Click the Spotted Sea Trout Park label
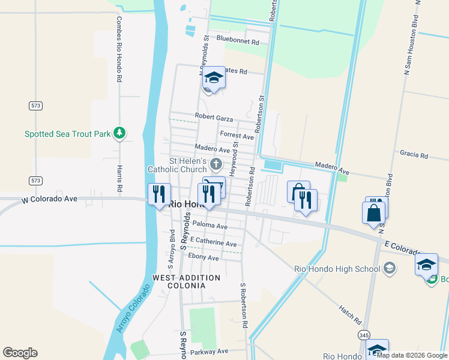pyautogui.click(x=67, y=134)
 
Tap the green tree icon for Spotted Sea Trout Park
pyautogui.click(x=119, y=133)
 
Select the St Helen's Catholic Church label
pyautogui.click(x=179, y=165)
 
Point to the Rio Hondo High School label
pyautogui.click(x=336, y=268)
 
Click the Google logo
pyautogui.click(x=20, y=353)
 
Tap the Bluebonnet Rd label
pyautogui.click(x=237, y=43)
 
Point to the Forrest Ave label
pyautogui.click(x=237, y=136)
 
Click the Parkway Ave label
pyautogui.click(x=209, y=351)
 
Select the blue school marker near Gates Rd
pyautogui.click(x=213, y=77)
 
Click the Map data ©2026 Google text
pyautogui.click(x=412, y=355)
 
